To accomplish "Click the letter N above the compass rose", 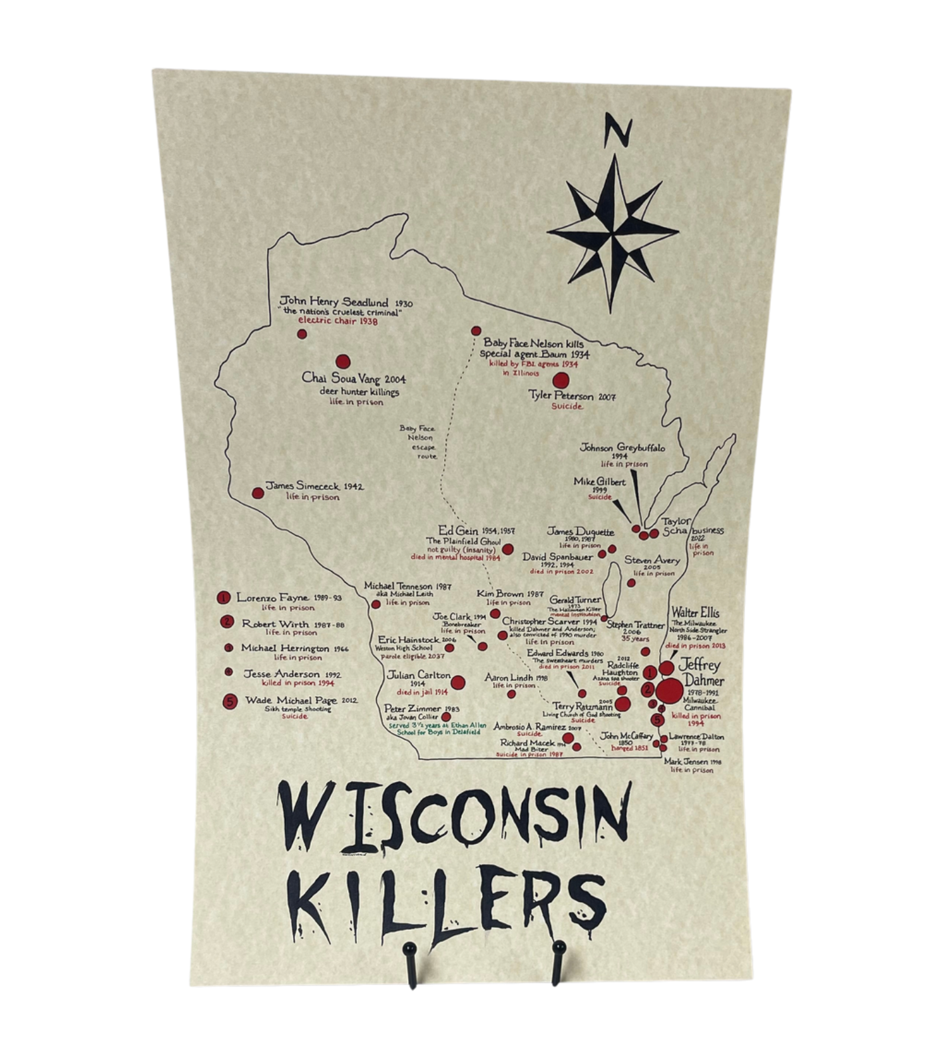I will (x=617, y=130).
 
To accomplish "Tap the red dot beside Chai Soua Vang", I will (x=342, y=362).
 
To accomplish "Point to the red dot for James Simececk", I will (x=258, y=493).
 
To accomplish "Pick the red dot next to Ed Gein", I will (x=507, y=549).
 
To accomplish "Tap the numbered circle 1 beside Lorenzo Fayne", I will (x=224, y=598).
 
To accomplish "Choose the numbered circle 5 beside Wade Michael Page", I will (x=230, y=701).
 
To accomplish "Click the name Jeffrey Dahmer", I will (x=700, y=672).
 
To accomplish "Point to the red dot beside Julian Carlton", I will (x=458, y=682).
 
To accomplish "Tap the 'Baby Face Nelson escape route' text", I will (x=417, y=442).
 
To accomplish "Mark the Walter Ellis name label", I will (x=695, y=612).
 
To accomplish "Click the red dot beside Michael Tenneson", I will (x=376, y=604).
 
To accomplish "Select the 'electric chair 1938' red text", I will (x=338, y=321).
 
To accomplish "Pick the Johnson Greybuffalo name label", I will (x=622, y=448).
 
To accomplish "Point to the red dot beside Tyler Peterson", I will (x=561, y=380).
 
